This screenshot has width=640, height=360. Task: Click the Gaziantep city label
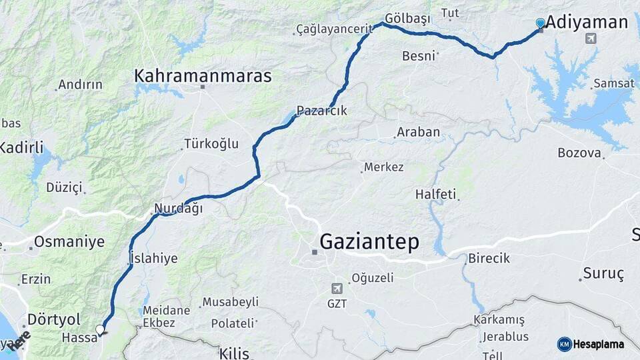point(370,241)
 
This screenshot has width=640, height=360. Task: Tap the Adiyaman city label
point(587,23)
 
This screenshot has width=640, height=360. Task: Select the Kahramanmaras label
point(203,76)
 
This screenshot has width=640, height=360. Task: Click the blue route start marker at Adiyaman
point(540,23)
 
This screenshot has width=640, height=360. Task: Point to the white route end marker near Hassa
point(100,329)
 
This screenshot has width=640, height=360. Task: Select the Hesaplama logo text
point(598,344)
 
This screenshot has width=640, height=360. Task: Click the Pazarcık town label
point(322,111)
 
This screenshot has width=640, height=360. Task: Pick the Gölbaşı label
point(407,18)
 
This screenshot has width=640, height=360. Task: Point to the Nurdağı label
point(178,209)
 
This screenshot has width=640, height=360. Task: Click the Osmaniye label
point(69,241)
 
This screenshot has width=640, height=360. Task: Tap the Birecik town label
point(489,258)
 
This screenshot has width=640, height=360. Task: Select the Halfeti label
point(435,195)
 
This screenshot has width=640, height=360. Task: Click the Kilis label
point(234,353)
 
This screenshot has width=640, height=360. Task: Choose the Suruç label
point(603,273)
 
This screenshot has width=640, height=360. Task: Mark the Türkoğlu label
point(211,144)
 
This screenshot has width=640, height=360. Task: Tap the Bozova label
point(579,153)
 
